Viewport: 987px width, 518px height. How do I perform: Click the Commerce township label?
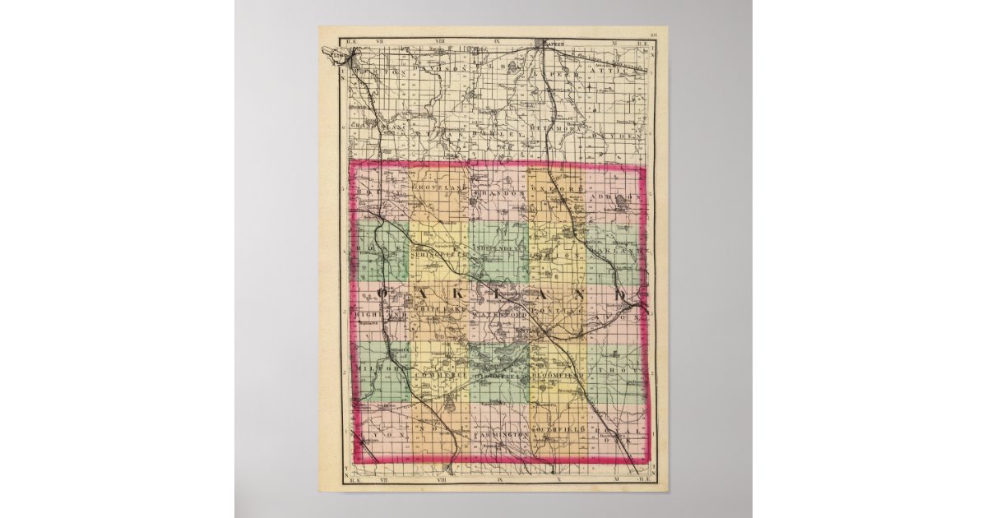pos(439,375)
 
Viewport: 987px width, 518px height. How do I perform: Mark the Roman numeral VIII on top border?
pos(444,37)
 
